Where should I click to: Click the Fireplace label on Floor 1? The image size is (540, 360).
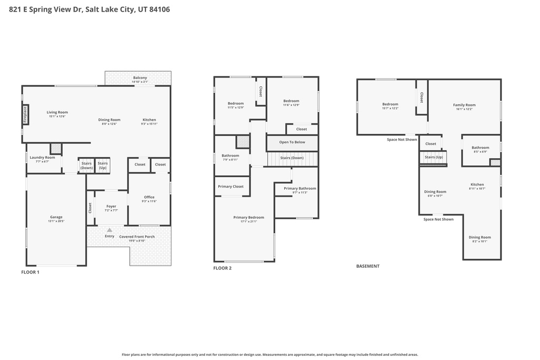pyautogui.click(x=25, y=114)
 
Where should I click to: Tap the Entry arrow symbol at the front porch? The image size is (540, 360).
pyautogui.click(x=109, y=230)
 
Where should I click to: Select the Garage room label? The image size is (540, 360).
pyautogui.click(x=56, y=217)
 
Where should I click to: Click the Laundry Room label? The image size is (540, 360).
pyautogui.click(x=42, y=158)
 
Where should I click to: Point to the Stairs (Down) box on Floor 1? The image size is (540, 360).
pyautogui.click(x=86, y=166)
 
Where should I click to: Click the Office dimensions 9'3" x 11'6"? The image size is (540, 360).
pyautogui.click(x=149, y=201)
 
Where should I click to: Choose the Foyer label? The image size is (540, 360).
pyautogui.click(x=111, y=206)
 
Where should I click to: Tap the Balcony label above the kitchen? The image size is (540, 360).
pyautogui.click(x=140, y=78)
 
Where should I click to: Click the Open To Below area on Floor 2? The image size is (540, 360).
pyautogui.click(x=292, y=142)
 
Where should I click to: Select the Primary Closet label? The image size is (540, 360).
pyautogui.click(x=230, y=187)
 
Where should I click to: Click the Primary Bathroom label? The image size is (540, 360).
pyautogui.click(x=300, y=188)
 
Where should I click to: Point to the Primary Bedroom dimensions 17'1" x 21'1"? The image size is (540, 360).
pyautogui.click(x=248, y=221)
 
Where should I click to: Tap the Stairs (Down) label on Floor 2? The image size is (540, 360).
pyautogui.click(x=292, y=158)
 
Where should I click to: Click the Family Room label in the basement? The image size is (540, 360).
pyautogui.click(x=464, y=105)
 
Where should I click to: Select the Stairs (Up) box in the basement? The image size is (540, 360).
pyautogui.click(x=433, y=157)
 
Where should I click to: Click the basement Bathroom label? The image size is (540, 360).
pyautogui.click(x=480, y=148)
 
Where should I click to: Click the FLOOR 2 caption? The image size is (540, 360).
pyautogui.click(x=222, y=268)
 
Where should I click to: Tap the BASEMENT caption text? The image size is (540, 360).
pyautogui.click(x=368, y=266)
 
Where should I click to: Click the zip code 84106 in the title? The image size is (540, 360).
pyautogui.click(x=159, y=9)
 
